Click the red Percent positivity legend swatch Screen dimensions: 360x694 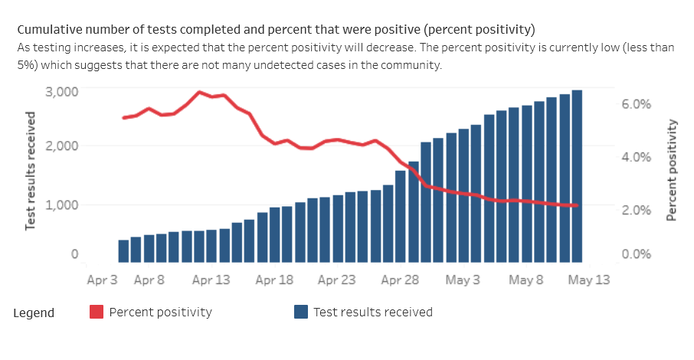coord(97,312)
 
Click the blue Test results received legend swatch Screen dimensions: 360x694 coord(301,312)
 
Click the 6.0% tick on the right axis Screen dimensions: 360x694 coord(636,104)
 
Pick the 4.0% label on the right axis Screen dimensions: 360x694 coord(636,156)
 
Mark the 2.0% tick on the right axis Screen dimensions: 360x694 coord(636,210)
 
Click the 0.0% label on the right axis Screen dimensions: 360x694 coord(636,254)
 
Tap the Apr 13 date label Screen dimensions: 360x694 coord(211,280)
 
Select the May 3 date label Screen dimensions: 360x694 coord(463,280)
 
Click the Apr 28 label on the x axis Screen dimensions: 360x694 coord(400,280)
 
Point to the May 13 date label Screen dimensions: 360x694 coord(589,280)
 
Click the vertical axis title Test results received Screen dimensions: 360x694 coord(31,171)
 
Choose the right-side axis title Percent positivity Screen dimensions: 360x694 coord(672,170)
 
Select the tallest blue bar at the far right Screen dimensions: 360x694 coord(577,176)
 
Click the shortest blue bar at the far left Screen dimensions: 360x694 coord(123,251)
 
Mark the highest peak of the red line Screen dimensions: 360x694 coord(199,92)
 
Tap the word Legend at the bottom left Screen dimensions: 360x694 coord(34,313)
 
